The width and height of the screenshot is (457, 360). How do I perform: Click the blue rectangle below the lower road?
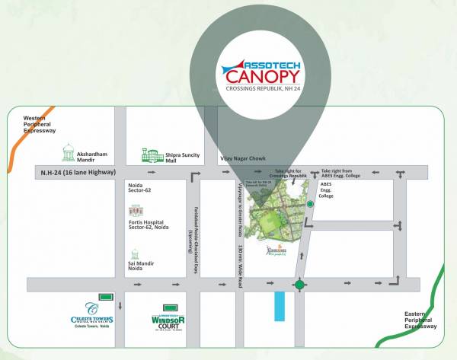click(x=279, y=304)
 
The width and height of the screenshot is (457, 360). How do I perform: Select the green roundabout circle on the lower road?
click(x=300, y=285)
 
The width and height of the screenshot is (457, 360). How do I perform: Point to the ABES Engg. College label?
click(x=326, y=190)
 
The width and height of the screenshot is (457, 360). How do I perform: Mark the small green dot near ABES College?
click(x=310, y=204)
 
